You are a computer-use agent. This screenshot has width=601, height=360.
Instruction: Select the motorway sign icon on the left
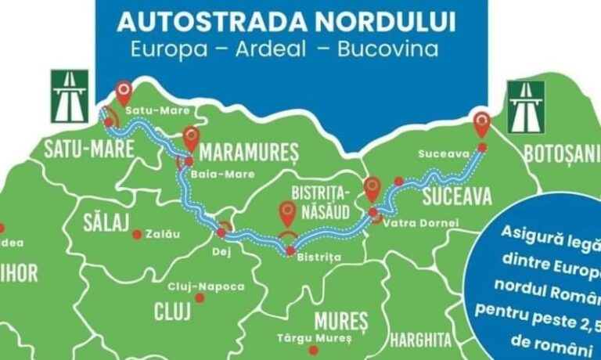pos(70,96)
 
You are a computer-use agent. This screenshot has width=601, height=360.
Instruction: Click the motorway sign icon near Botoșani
pos(526,107)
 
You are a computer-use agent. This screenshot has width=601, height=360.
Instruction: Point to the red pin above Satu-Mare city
pos(124,92)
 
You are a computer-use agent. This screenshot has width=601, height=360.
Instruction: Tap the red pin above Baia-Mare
pos(192,139)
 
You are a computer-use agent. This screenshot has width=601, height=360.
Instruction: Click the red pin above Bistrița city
pos(288,213)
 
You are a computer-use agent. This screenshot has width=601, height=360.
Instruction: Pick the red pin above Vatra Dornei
pos(372,188)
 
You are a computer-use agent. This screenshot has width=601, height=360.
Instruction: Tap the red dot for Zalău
pos(136,234)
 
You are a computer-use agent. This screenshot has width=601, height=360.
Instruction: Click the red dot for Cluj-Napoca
pos(200,298)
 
